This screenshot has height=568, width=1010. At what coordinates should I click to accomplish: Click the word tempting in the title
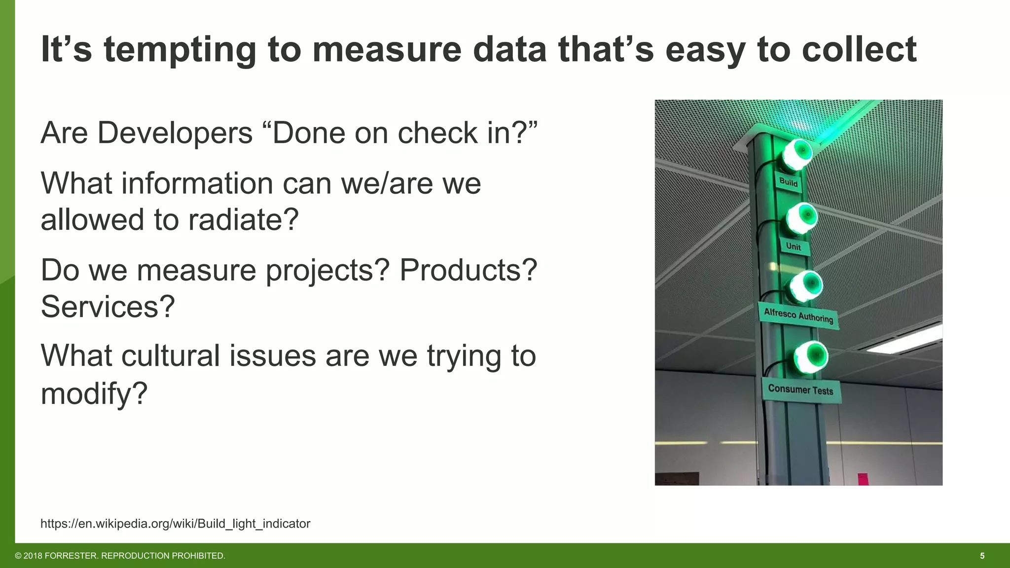(180, 50)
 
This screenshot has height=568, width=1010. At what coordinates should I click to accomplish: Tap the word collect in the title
(859, 50)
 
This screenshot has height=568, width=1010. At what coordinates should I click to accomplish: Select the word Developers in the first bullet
(175, 133)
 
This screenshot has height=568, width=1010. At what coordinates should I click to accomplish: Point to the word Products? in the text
(468, 270)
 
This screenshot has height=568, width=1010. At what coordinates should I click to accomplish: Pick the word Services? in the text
(108, 307)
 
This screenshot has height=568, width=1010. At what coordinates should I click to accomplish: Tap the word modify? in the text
(94, 393)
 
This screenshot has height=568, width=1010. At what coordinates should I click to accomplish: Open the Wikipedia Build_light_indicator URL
(175, 524)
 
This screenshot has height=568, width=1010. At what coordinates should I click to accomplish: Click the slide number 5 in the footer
(982, 556)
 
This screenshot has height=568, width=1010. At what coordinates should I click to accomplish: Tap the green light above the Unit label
(802, 217)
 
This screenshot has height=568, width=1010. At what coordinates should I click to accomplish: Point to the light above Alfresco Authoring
(807, 285)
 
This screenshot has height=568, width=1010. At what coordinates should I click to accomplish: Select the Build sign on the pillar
(788, 182)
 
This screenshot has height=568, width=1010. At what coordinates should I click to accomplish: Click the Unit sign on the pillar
(794, 246)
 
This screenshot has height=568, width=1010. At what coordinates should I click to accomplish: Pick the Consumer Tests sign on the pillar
(800, 390)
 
